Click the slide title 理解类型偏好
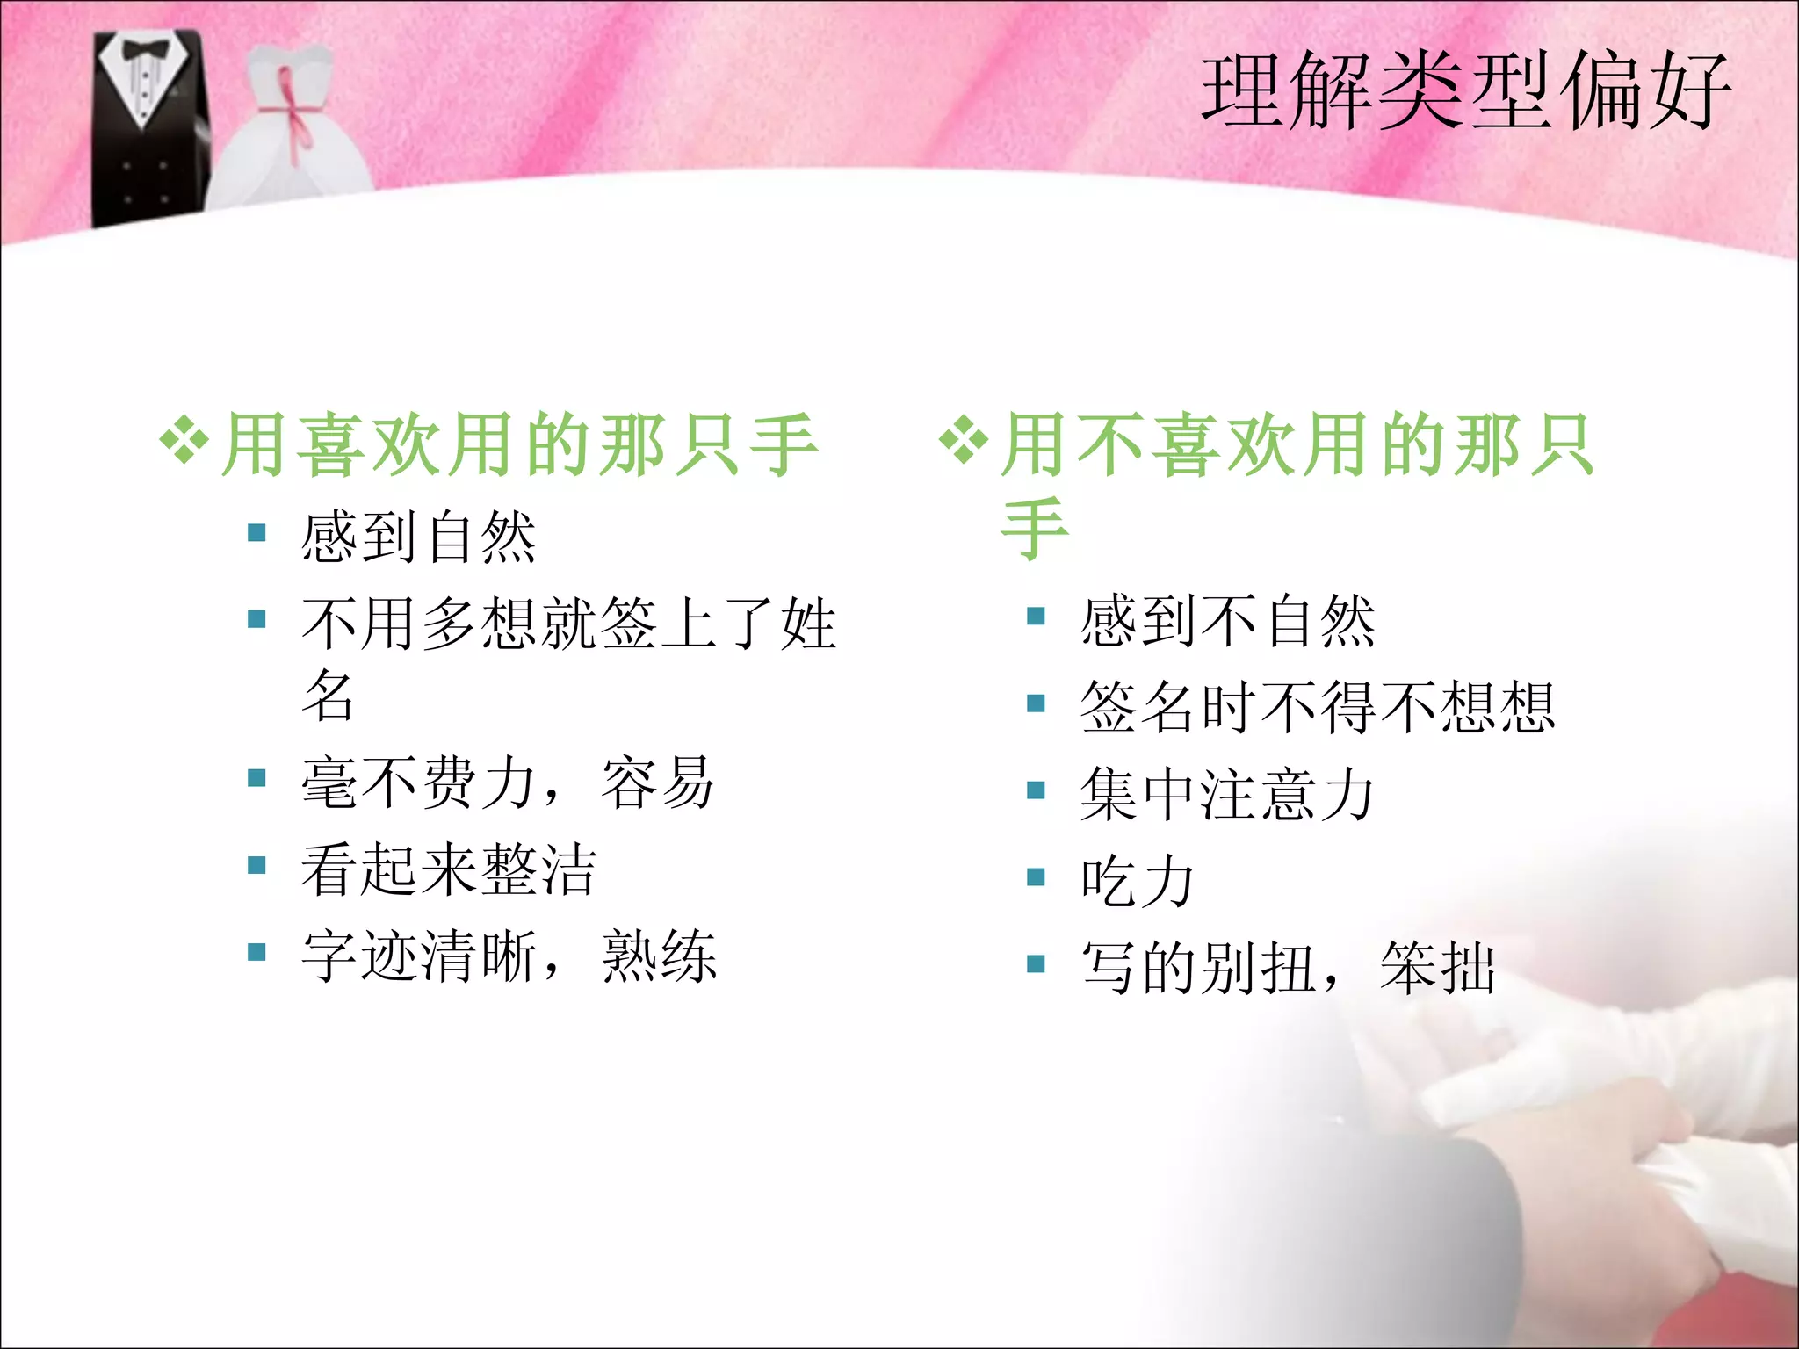point(1465,91)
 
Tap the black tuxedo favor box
point(149,132)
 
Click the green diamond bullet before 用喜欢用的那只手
point(184,439)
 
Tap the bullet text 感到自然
point(418,537)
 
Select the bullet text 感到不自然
point(1227,621)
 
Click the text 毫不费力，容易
point(508,782)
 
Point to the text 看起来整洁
point(448,869)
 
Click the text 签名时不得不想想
point(1318,707)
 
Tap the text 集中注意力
point(1226,794)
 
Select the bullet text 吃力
point(1137,881)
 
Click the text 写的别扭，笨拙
point(1288,967)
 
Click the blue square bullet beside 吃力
point(1037,877)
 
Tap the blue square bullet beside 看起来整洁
point(256,866)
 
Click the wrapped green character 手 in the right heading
point(1035,529)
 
